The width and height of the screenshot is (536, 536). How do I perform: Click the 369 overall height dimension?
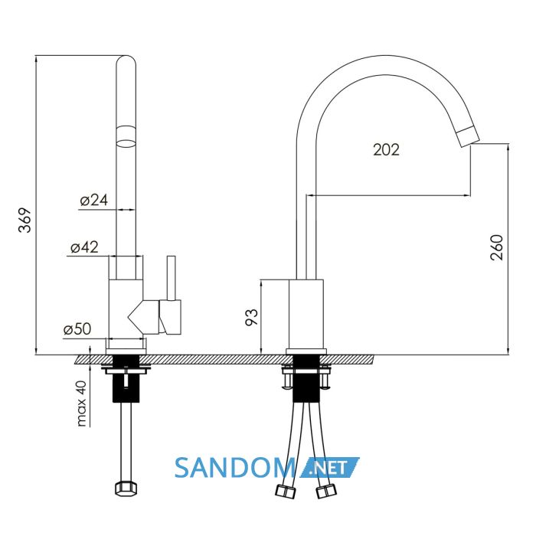point(25,221)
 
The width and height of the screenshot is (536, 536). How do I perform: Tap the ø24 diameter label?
point(94,200)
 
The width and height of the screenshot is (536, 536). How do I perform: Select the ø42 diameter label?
point(84,247)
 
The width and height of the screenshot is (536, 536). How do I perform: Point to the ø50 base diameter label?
point(77,329)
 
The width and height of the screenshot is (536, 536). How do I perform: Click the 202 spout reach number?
point(386,150)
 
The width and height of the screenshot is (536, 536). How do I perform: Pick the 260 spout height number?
point(497,247)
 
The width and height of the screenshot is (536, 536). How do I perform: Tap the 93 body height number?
point(252,317)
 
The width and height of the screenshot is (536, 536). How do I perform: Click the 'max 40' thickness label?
point(81,404)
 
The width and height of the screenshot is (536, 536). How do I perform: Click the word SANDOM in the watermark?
point(235,468)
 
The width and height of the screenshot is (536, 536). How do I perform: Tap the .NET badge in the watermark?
point(330,467)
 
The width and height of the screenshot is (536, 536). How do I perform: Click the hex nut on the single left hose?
point(126,489)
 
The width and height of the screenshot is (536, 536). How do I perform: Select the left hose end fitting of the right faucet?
point(286,492)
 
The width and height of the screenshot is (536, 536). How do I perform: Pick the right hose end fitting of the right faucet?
point(325,492)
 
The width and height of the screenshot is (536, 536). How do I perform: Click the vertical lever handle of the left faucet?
point(172,278)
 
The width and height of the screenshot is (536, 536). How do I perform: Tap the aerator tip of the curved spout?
point(469,136)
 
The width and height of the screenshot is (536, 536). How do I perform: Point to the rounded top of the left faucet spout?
point(126,60)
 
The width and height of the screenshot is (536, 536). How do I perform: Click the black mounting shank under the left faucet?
point(126,378)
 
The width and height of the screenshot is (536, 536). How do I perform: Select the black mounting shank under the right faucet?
point(306,378)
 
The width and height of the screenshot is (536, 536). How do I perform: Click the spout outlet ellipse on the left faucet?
point(126,143)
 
